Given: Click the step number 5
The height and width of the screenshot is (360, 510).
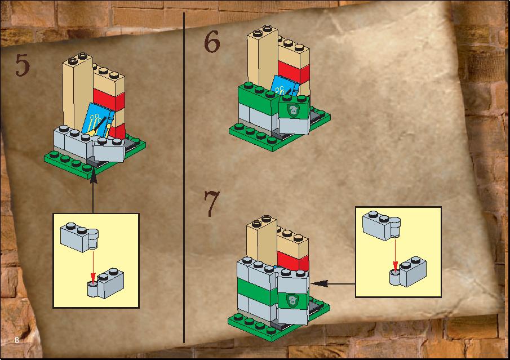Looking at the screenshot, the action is click(23, 65).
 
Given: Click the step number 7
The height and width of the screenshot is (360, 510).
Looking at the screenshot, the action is click(212, 203).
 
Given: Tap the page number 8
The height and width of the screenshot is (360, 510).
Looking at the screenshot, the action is click(16, 340).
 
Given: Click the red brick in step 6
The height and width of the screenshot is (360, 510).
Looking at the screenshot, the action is click(294, 72).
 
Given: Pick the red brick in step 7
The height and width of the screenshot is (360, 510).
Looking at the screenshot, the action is click(292, 261).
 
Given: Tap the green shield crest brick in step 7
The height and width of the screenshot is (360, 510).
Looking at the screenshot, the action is click(293, 300).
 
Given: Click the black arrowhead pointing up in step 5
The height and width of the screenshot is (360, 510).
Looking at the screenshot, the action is click(93, 177).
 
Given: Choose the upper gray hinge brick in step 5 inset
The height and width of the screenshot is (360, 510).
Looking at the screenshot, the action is click(79, 237).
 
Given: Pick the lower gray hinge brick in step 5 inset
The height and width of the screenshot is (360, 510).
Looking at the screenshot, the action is click(106, 283).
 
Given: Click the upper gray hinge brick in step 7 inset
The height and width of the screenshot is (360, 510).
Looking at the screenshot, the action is click(381, 226).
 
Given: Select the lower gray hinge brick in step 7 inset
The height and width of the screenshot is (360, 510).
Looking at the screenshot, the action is click(408, 272).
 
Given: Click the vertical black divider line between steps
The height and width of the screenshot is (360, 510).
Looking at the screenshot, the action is click(184, 178).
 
